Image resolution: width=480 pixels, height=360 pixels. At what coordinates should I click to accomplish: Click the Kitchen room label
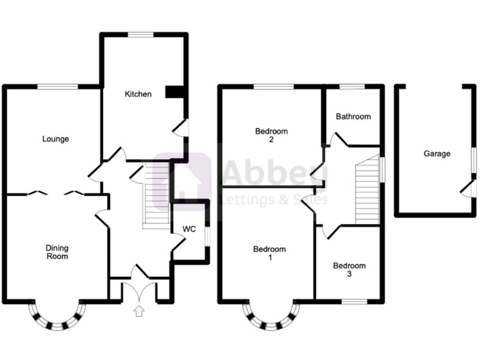tap(138, 94)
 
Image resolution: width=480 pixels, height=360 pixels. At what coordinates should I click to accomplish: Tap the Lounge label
tap(56, 139)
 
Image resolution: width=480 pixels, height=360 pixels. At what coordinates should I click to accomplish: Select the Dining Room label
tap(56, 252)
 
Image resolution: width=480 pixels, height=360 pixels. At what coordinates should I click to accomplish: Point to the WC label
tap(189, 229)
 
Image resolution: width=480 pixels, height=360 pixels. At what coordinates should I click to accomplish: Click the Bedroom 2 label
tap(271, 136)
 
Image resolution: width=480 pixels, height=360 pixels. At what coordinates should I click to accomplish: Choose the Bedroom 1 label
tap(269, 254)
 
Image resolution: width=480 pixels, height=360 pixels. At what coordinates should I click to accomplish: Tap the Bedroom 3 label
tap(349, 270)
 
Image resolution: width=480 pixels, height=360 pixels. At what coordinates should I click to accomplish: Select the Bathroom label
tap(353, 116)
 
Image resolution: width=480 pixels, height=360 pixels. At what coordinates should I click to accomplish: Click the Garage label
tap(436, 154)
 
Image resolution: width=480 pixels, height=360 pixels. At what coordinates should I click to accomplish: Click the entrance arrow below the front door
tap(139, 310)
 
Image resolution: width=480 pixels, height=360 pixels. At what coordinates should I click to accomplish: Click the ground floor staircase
tap(155, 194)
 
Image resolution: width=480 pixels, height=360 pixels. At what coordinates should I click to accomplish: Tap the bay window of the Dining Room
tap(56, 317)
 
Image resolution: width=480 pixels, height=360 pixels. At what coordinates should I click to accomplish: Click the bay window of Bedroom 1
tap(270, 318)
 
